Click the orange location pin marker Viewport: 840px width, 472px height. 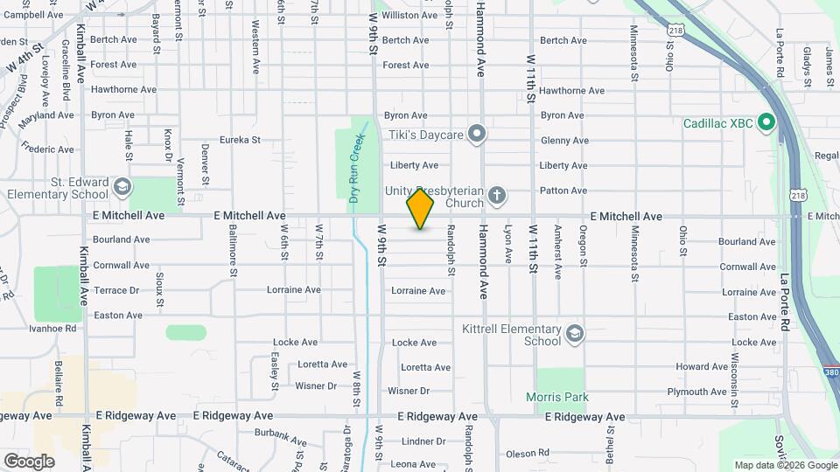click(420, 209)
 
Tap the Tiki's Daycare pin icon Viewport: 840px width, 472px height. click(477, 134)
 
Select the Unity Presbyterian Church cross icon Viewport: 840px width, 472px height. click(497, 195)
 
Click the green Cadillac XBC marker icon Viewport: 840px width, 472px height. click(766, 122)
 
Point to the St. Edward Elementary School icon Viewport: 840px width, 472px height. click(122, 187)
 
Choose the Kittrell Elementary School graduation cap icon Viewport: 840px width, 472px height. click(574, 334)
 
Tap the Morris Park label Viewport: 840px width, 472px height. click(557, 397)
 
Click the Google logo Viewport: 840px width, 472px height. click(29, 461)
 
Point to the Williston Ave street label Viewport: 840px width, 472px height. click(409, 16)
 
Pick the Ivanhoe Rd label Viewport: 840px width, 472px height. click(53, 329)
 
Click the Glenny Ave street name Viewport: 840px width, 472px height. click(564, 141)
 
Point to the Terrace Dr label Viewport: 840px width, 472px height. click(116, 290)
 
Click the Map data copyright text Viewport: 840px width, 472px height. click(784, 465)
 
